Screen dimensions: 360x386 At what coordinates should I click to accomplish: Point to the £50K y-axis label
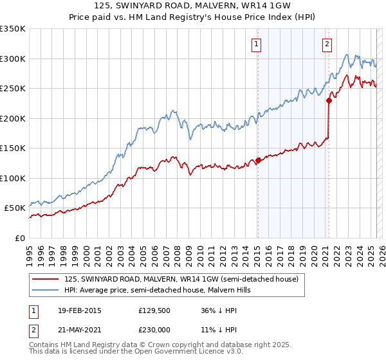point(14,208)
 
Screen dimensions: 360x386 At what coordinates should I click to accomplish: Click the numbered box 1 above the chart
point(257,44)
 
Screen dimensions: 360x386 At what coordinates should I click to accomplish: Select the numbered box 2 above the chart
point(327,44)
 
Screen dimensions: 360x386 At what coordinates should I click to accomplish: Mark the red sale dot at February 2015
point(258,160)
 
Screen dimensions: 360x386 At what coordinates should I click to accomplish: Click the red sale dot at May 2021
point(329,100)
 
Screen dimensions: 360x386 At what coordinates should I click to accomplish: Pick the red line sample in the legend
point(45,280)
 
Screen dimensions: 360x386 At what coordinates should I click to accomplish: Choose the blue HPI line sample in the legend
point(45,291)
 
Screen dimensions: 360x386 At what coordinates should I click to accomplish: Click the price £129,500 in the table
point(153,310)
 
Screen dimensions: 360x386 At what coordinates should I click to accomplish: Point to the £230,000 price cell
point(153,329)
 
